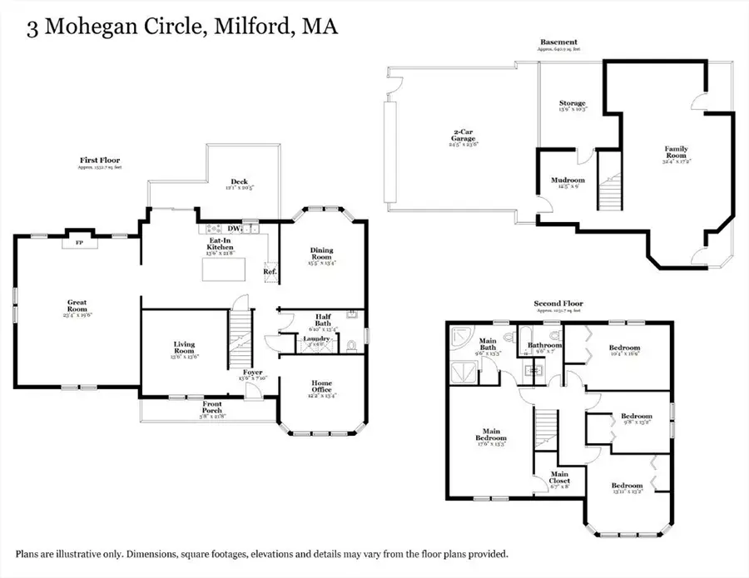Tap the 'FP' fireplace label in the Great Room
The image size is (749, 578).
point(79,244)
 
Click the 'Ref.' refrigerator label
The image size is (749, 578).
point(270,271)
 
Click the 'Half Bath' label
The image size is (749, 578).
point(324,319)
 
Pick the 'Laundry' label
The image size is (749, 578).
point(317,338)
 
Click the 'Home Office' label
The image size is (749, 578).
point(320,386)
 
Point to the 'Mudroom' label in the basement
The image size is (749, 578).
point(568,180)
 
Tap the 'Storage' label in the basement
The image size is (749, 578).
point(572,104)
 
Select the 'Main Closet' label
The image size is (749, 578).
point(558,477)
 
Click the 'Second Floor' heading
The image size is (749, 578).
point(559,304)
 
